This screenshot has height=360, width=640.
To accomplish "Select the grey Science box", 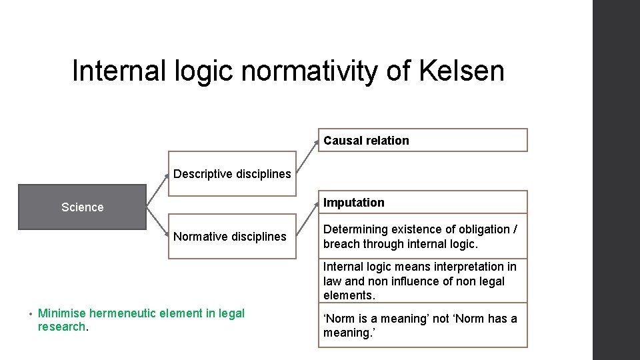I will coord(82,207).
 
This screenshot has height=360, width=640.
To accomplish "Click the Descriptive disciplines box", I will coord(232,175).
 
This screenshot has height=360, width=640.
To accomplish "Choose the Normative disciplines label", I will coord(230,237).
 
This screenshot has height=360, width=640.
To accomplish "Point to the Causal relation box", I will coord(422,141).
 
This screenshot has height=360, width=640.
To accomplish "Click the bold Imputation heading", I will coord(354,203).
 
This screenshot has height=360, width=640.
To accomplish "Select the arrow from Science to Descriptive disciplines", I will coord(157,191).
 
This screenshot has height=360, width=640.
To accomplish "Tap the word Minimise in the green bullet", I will coord(62,313).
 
